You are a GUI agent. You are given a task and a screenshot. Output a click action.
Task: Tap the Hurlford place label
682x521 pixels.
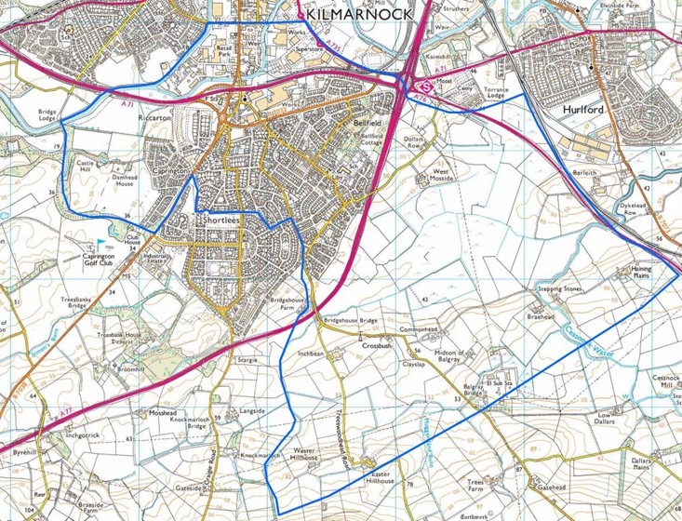(585, 109)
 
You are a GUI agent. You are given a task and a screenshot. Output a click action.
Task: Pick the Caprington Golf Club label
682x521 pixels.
(98, 258)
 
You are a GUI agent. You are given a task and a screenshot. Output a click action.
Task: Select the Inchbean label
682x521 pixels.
(309, 354)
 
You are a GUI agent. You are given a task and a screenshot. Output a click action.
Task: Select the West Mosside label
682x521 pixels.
(441, 177)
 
